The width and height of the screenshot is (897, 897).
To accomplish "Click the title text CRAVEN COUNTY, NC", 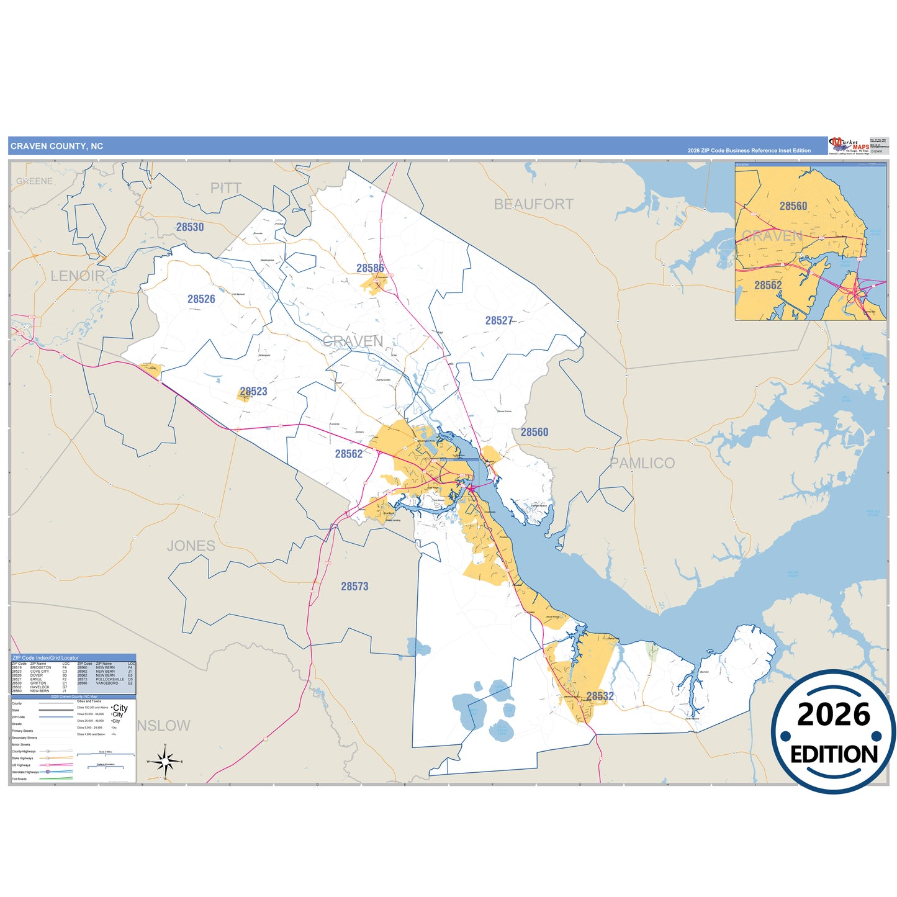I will tap(56, 146).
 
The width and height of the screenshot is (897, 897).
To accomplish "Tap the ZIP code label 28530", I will tap(190, 227).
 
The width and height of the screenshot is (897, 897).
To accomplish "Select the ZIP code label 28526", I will tap(201, 299).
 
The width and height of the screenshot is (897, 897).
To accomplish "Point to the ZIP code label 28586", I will tap(370, 268).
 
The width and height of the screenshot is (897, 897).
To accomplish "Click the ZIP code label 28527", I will tap(499, 321).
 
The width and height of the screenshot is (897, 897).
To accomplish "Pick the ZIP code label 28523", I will tap(253, 392).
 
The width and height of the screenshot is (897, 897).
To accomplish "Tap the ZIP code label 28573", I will tap(354, 587).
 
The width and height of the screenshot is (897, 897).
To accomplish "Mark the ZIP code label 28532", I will tap(600, 696).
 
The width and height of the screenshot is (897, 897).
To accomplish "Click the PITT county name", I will tap(226, 188).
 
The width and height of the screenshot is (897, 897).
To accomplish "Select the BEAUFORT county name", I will tap(533, 204).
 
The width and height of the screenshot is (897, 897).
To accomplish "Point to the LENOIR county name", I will tap(78, 276).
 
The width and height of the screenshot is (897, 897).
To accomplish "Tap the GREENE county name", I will tap(35, 181).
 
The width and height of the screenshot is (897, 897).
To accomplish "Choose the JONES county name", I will tap(191, 546).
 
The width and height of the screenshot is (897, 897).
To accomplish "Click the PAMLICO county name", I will tap(642, 463).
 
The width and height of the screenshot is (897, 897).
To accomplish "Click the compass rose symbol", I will tap(165, 761).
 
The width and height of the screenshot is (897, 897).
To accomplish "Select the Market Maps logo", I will tap(849, 146).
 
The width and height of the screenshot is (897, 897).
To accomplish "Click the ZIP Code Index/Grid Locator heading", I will tap(46, 657).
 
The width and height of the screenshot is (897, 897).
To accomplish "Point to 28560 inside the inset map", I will tap(793, 206).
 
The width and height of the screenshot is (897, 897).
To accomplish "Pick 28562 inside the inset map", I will tap(768, 286).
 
